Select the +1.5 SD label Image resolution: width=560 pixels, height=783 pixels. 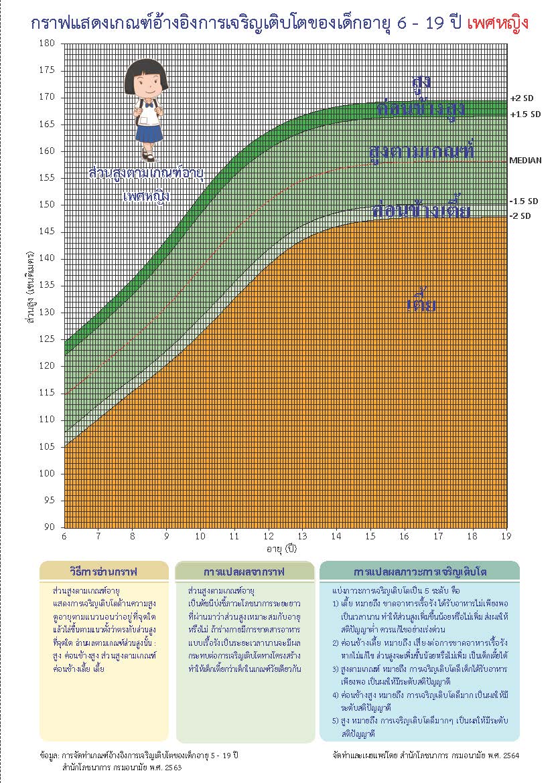click(x=524, y=114)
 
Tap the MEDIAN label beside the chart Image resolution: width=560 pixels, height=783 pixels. click(x=525, y=161)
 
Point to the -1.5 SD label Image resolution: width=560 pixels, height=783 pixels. click(x=523, y=201)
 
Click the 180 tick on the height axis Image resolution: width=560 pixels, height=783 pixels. click(x=48, y=43)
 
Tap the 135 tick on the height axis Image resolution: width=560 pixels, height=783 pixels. click(x=48, y=285)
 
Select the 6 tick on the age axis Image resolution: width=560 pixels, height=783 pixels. click(x=64, y=537)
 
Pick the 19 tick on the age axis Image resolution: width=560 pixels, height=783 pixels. click(x=506, y=537)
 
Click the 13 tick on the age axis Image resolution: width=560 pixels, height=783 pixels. click(x=302, y=537)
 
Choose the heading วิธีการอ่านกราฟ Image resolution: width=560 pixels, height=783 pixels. click(x=104, y=572)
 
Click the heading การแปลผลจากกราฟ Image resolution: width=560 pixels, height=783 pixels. click(x=244, y=572)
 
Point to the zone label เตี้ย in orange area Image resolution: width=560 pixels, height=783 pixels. click(x=422, y=306)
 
